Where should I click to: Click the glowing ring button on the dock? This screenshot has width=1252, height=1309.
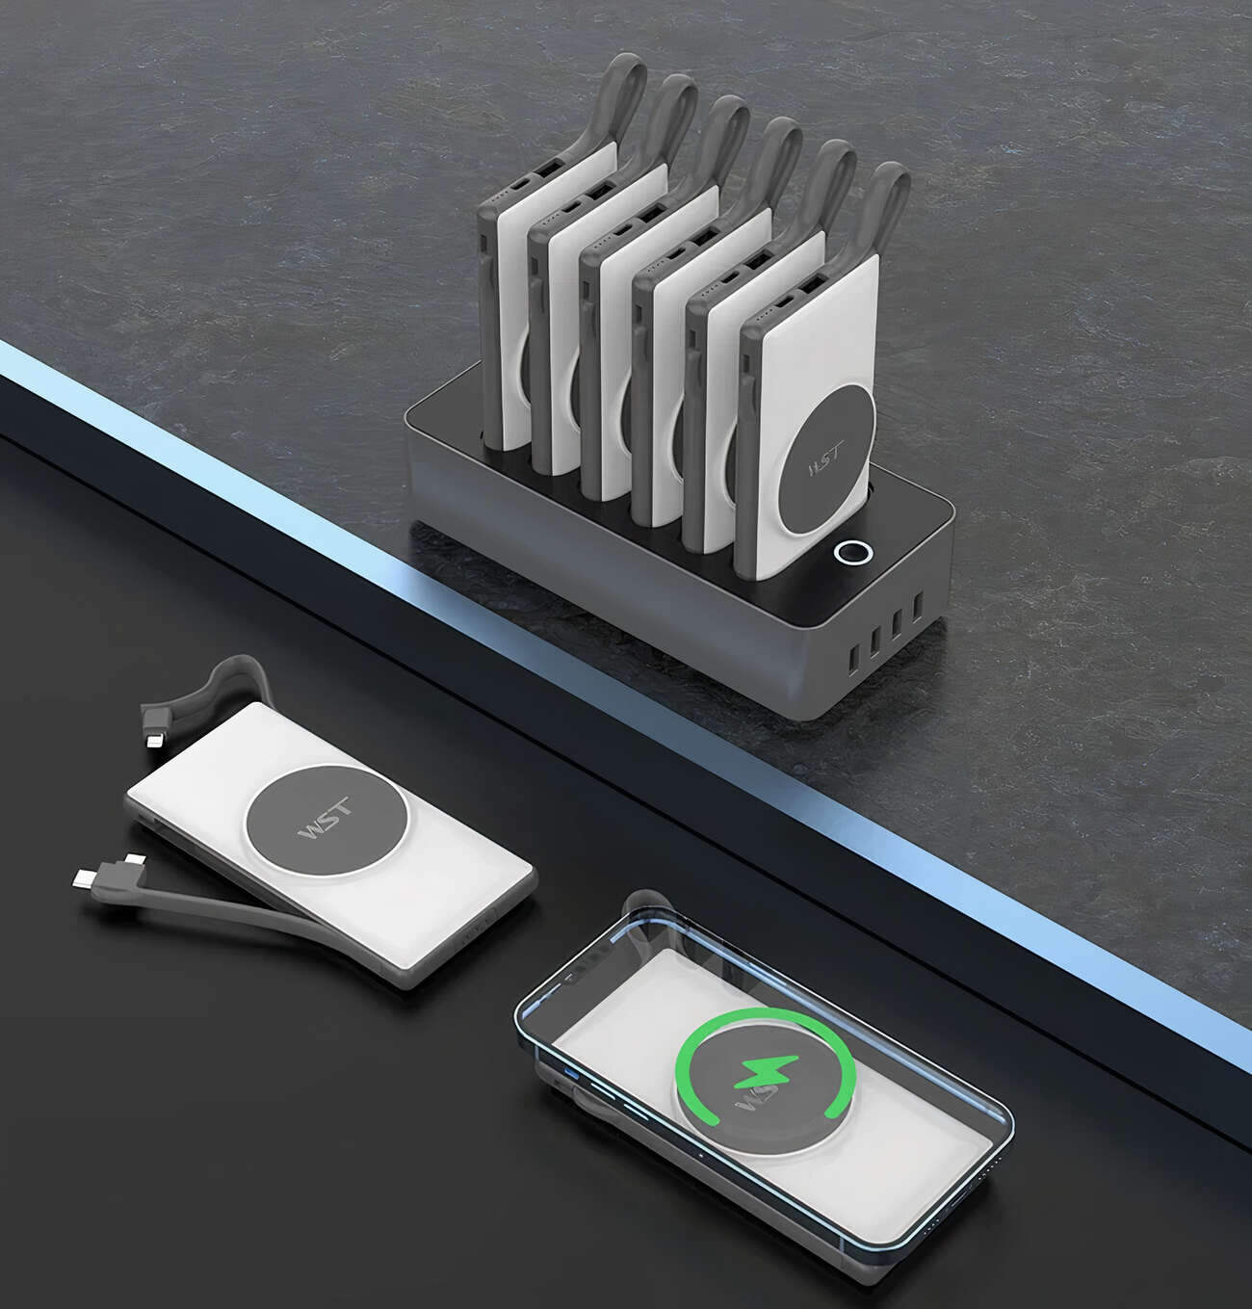(x=853, y=553)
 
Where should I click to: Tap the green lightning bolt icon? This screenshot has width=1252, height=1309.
(x=766, y=1070)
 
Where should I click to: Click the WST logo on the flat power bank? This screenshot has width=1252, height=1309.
(x=326, y=819)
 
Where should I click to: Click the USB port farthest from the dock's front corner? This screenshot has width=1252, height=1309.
(x=918, y=606)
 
